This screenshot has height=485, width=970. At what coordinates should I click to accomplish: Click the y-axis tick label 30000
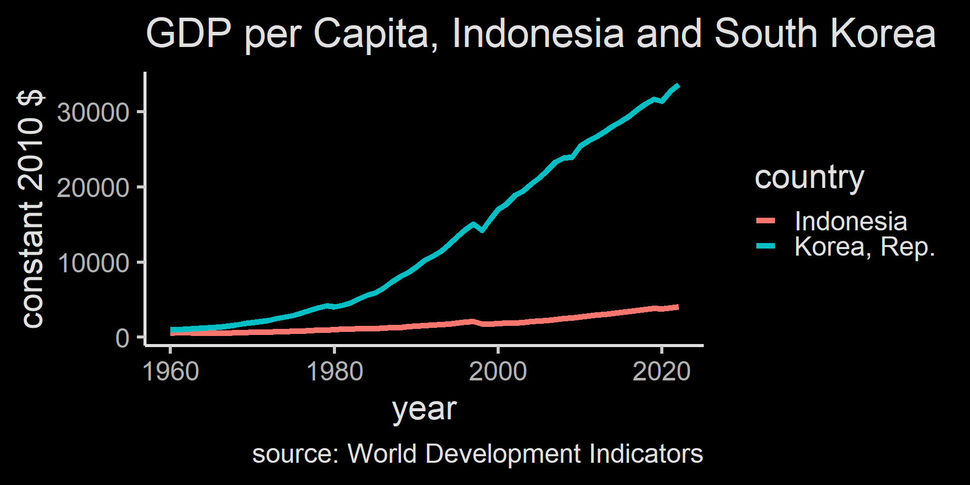pos(93,113)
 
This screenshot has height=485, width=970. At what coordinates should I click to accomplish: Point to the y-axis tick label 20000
pos(93,188)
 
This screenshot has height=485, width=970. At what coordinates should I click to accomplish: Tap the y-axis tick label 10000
pos(93,263)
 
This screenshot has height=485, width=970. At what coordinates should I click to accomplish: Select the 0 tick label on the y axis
pos(122,338)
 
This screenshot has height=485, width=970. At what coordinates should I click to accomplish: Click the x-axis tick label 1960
pos(171,372)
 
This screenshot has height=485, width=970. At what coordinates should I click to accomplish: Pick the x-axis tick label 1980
pos(334,372)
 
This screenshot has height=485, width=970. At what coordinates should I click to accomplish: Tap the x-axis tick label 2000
pos(498,372)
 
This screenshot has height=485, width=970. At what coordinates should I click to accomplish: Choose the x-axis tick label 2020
pos(661,372)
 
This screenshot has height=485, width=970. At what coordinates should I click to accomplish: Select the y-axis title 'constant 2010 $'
pos(31,209)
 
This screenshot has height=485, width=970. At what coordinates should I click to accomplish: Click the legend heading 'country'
pos(809,177)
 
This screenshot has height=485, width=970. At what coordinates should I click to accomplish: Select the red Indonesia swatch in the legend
pos(765,221)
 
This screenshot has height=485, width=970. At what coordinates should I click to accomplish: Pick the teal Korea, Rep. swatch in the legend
pos(765,246)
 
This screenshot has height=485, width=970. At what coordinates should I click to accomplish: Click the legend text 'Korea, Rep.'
pos(864,247)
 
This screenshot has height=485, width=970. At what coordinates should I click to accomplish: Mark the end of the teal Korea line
pos(678,86)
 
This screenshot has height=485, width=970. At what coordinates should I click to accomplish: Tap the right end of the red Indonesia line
pos(677,307)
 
